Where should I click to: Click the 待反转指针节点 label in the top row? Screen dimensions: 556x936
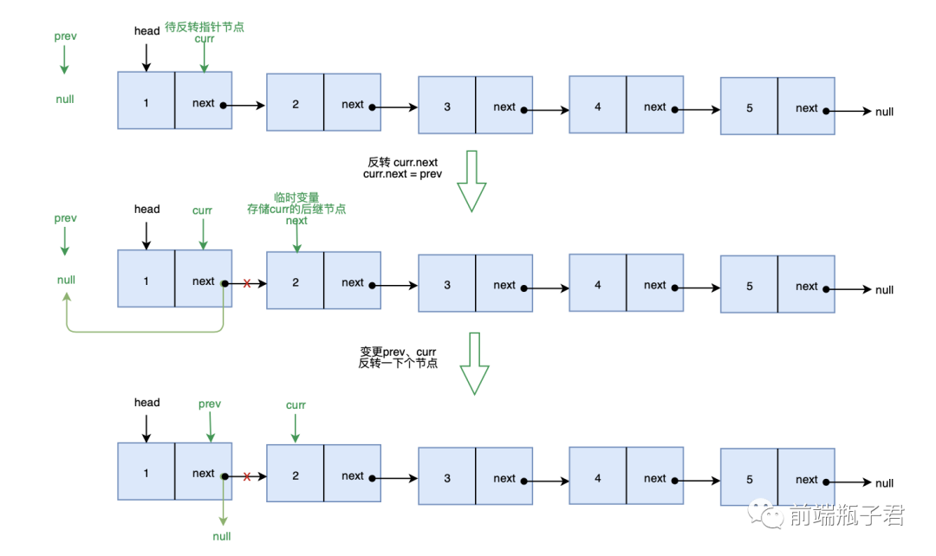(x=205, y=27)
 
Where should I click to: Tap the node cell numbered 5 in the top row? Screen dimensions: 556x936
(x=749, y=108)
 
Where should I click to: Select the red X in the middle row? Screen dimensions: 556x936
(x=247, y=283)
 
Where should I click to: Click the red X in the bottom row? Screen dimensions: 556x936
(x=247, y=476)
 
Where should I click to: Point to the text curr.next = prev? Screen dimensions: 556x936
(x=405, y=174)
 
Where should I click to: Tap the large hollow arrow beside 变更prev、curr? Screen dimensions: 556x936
(x=474, y=364)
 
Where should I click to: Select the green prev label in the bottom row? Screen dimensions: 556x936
(x=210, y=404)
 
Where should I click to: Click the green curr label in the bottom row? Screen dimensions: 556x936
(x=296, y=405)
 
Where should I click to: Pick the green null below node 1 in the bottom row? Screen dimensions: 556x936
(x=222, y=536)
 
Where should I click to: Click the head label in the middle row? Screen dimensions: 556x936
(x=146, y=209)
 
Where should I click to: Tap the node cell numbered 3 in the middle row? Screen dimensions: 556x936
(x=447, y=285)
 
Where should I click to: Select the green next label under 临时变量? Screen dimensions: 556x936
(x=296, y=221)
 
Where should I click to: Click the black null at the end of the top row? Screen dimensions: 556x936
(x=884, y=112)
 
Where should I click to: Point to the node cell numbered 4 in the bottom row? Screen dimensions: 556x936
(x=598, y=478)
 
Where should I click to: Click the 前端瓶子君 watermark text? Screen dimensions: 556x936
(x=847, y=516)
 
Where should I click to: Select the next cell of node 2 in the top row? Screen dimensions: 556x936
(x=352, y=105)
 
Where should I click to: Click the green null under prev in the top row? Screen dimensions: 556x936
(x=65, y=100)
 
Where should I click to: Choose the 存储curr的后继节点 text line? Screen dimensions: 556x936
(x=296, y=210)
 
